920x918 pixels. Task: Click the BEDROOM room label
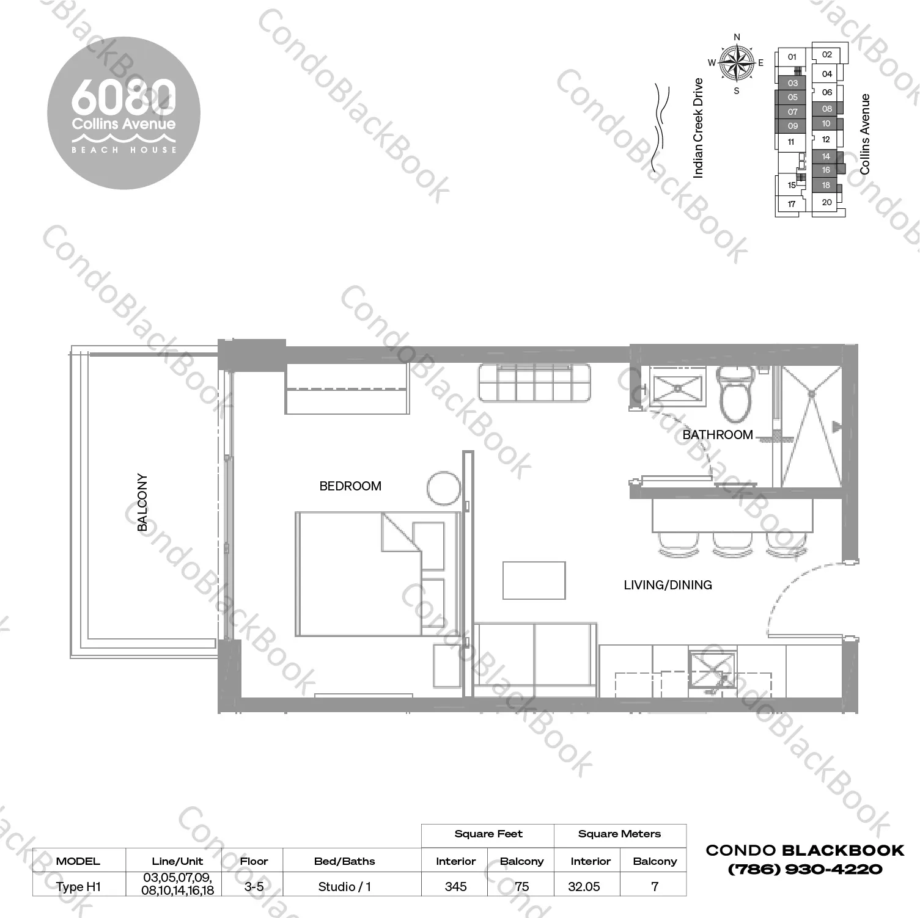pos(350,486)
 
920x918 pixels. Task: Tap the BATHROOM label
pos(718,435)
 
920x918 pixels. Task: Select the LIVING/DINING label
pos(668,585)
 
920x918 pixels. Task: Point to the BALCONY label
pos(142,502)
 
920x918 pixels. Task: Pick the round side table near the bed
pos(444,488)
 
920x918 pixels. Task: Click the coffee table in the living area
pos(534,580)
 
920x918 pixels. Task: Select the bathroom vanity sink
pos(677,387)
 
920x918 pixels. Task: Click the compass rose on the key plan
pos(737,63)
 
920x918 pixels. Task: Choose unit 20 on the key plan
pos(826,202)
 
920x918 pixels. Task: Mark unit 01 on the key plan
pos(792,57)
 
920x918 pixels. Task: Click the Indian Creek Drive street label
pos(698,128)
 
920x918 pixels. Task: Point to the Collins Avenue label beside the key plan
pos(865,134)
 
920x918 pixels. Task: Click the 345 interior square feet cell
pos(455,887)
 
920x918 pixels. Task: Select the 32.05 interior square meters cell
pos(584,887)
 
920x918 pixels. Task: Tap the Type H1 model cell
pos(78,887)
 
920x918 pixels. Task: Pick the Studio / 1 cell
pos(344,887)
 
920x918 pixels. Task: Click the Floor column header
pos(254,861)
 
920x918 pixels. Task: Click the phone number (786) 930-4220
pos(804,869)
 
